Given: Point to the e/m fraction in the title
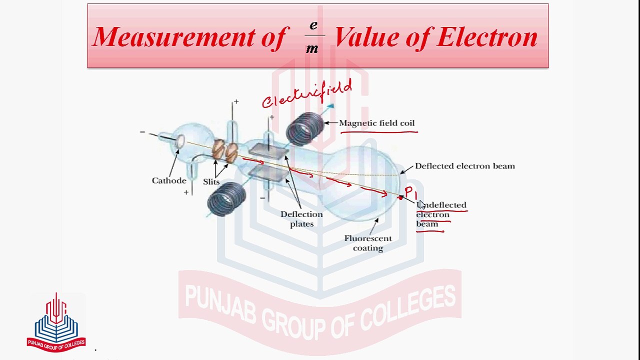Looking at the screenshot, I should click(313, 37).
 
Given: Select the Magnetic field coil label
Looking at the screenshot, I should click(376, 123).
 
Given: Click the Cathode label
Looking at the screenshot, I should click(169, 180).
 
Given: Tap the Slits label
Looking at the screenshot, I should click(211, 181).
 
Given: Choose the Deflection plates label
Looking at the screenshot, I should click(301, 219).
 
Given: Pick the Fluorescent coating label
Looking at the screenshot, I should click(368, 243).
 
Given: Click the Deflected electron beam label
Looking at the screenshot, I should click(464, 166).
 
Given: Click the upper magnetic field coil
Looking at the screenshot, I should click(305, 128).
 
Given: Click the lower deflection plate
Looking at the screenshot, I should click(268, 173).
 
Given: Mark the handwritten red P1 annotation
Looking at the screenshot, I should click(410, 192).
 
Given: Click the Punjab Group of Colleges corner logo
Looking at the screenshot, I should click(56, 322).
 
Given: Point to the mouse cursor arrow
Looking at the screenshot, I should click(421, 203).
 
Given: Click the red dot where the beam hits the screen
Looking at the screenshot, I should click(400, 198).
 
